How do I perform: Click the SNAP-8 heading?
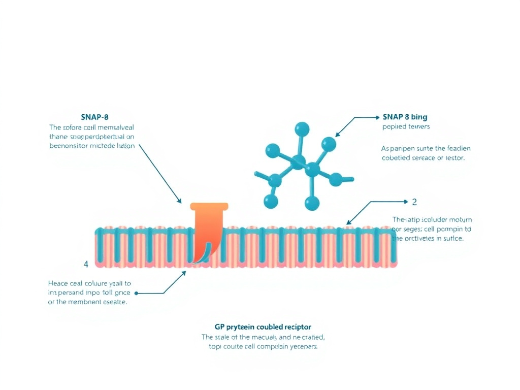[x=94, y=117]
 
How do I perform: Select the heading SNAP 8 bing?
[x=405, y=117]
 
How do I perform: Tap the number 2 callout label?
[x=414, y=202]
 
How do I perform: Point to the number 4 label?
[x=86, y=264]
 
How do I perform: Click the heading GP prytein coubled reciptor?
[x=263, y=327]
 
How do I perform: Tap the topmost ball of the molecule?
[x=302, y=128]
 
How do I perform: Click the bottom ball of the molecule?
[x=312, y=204]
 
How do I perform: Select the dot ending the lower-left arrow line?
[x=137, y=293]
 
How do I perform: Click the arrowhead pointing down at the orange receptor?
[x=179, y=201]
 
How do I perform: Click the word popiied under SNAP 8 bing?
[x=393, y=126]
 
